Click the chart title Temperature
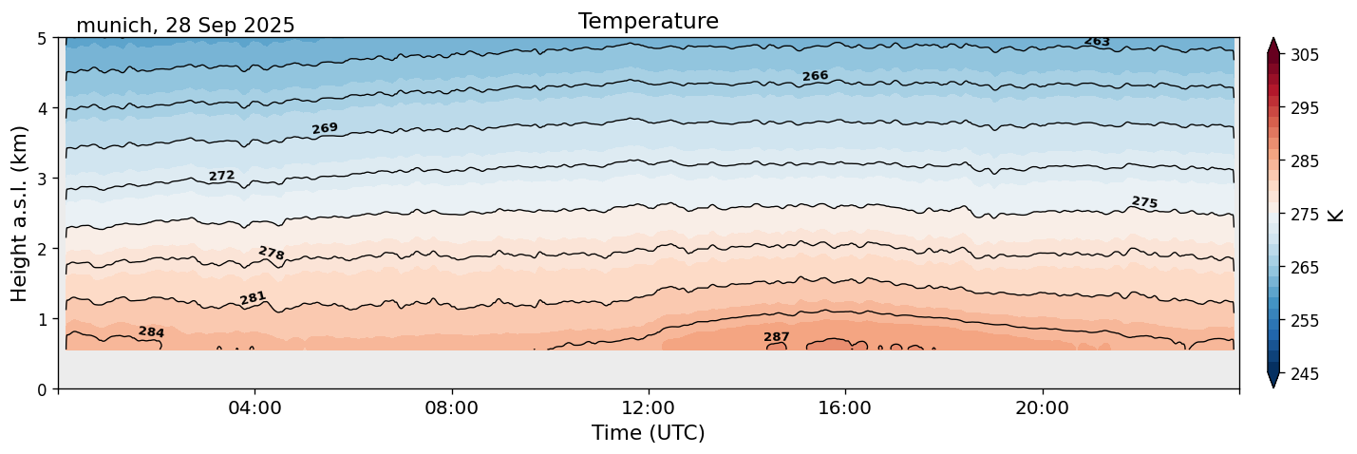click(x=648, y=21)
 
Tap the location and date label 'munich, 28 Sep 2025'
click(x=185, y=26)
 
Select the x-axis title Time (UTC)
click(x=648, y=433)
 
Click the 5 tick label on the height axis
click(x=43, y=39)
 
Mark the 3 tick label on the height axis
click(x=43, y=179)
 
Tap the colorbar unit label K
click(x=1336, y=215)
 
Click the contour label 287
click(x=776, y=337)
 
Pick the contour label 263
click(x=1097, y=42)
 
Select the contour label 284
click(x=151, y=332)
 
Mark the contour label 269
click(x=325, y=128)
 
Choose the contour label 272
click(x=221, y=176)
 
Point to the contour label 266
click(x=815, y=76)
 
